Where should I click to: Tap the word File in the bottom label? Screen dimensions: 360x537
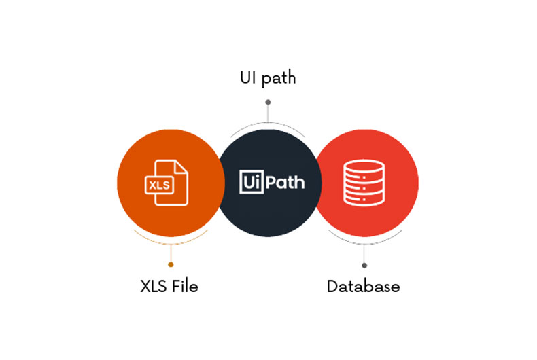tap(184, 286)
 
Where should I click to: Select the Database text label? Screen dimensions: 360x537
tap(363, 286)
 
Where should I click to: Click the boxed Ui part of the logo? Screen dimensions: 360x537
tap(250, 182)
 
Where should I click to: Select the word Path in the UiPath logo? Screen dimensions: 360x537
tap(283, 182)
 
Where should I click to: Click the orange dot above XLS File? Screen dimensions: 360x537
tap(171, 264)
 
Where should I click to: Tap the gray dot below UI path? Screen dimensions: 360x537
tap(268, 102)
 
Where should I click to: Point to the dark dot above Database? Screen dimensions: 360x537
tap(364, 265)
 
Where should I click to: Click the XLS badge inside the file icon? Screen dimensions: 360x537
tap(161, 184)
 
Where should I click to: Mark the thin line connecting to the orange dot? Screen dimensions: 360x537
tap(171, 253)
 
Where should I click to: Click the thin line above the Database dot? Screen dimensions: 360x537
tap(364, 253)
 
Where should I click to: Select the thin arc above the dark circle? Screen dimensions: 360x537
tap(268, 126)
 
